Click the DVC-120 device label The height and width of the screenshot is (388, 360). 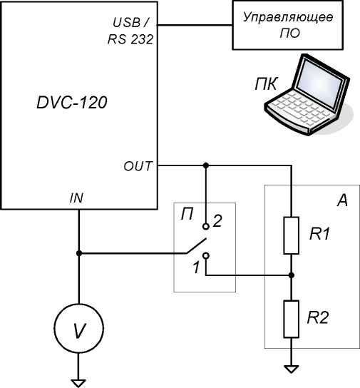(72, 103)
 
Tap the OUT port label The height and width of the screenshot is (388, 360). (138, 166)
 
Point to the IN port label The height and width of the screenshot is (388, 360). (76, 198)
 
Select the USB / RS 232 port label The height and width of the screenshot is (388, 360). (130, 31)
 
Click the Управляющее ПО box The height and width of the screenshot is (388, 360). (287, 25)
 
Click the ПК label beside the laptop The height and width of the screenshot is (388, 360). (267, 84)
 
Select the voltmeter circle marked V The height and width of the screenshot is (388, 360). (79, 328)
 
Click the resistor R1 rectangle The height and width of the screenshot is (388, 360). (292, 235)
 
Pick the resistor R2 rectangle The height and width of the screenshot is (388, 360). (292, 319)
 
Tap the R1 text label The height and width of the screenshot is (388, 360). (319, 234)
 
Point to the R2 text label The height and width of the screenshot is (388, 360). (318, 317)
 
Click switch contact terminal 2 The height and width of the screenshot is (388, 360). (206, 226)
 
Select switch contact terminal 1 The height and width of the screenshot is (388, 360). (206, 256)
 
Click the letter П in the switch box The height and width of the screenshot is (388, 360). (187, 214)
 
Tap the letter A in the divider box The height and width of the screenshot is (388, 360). (342, 200)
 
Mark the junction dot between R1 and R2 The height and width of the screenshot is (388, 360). (292, 275)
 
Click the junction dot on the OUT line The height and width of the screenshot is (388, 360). (206, 165)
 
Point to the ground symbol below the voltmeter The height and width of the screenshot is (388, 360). (79, 383)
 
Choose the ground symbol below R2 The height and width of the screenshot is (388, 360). (292, 369)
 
